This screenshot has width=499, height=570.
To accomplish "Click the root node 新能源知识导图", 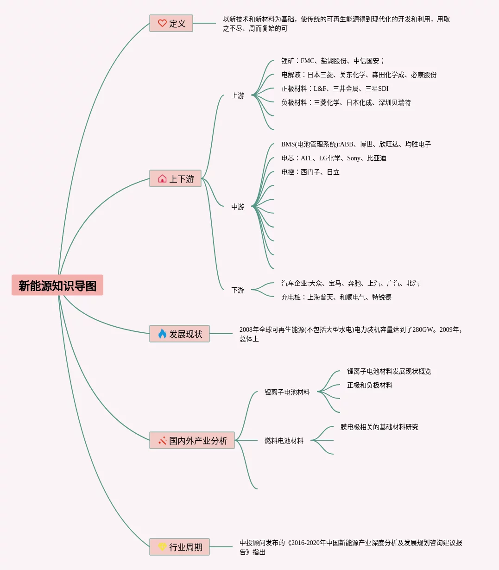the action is click(x=57, y=285).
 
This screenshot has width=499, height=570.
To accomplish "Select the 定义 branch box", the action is click(x=171, y=23).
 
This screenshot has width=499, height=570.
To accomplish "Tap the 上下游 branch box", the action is click(x=175, y=178).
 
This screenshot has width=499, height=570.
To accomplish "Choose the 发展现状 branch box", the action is click(x=179, y=334).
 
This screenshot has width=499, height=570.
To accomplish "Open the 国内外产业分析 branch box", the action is click(x=192, y=440).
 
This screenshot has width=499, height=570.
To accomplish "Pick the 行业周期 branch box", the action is click(x=179, y=547).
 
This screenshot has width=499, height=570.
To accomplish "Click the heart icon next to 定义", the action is click(x=162, y=23).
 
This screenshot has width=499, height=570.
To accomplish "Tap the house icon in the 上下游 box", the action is click(x=162, y=178).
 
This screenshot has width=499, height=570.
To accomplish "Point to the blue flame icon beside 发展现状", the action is click(x=162, y=334).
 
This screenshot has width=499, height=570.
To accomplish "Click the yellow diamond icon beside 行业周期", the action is click(x=162, y=547).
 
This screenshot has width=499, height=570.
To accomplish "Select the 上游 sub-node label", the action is click(x=238, y=95).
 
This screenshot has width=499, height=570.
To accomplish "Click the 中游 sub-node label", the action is click(x=238, y=207).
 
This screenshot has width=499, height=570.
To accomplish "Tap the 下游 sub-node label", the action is click(x=238, y=290).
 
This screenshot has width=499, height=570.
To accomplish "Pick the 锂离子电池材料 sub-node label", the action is click(x=287, y=392).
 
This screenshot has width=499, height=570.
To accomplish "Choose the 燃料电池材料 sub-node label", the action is click(x=284, y=441).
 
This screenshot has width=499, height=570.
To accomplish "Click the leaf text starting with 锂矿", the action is click(x=333, y=61).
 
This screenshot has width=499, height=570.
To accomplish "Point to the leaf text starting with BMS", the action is click(x=356, y=144).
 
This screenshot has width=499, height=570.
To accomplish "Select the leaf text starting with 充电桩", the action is click(x=336, y=297).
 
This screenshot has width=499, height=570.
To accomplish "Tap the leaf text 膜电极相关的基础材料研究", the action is click(x=379, y=427).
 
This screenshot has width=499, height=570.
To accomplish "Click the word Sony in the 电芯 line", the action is click(x=354, y=158).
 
